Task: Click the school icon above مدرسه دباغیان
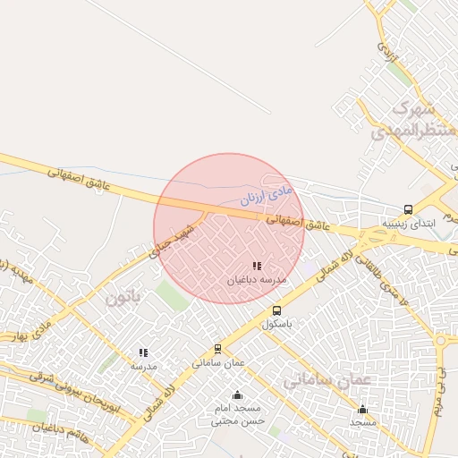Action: (257, 266)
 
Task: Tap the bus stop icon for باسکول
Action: (276, 311)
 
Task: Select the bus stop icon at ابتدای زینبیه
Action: (409, 210)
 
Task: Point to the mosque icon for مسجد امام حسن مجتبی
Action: (237, 395)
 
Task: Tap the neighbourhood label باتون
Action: (124, 297)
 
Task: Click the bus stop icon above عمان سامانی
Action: (217, 349)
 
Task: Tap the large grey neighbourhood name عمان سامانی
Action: (327, 380)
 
